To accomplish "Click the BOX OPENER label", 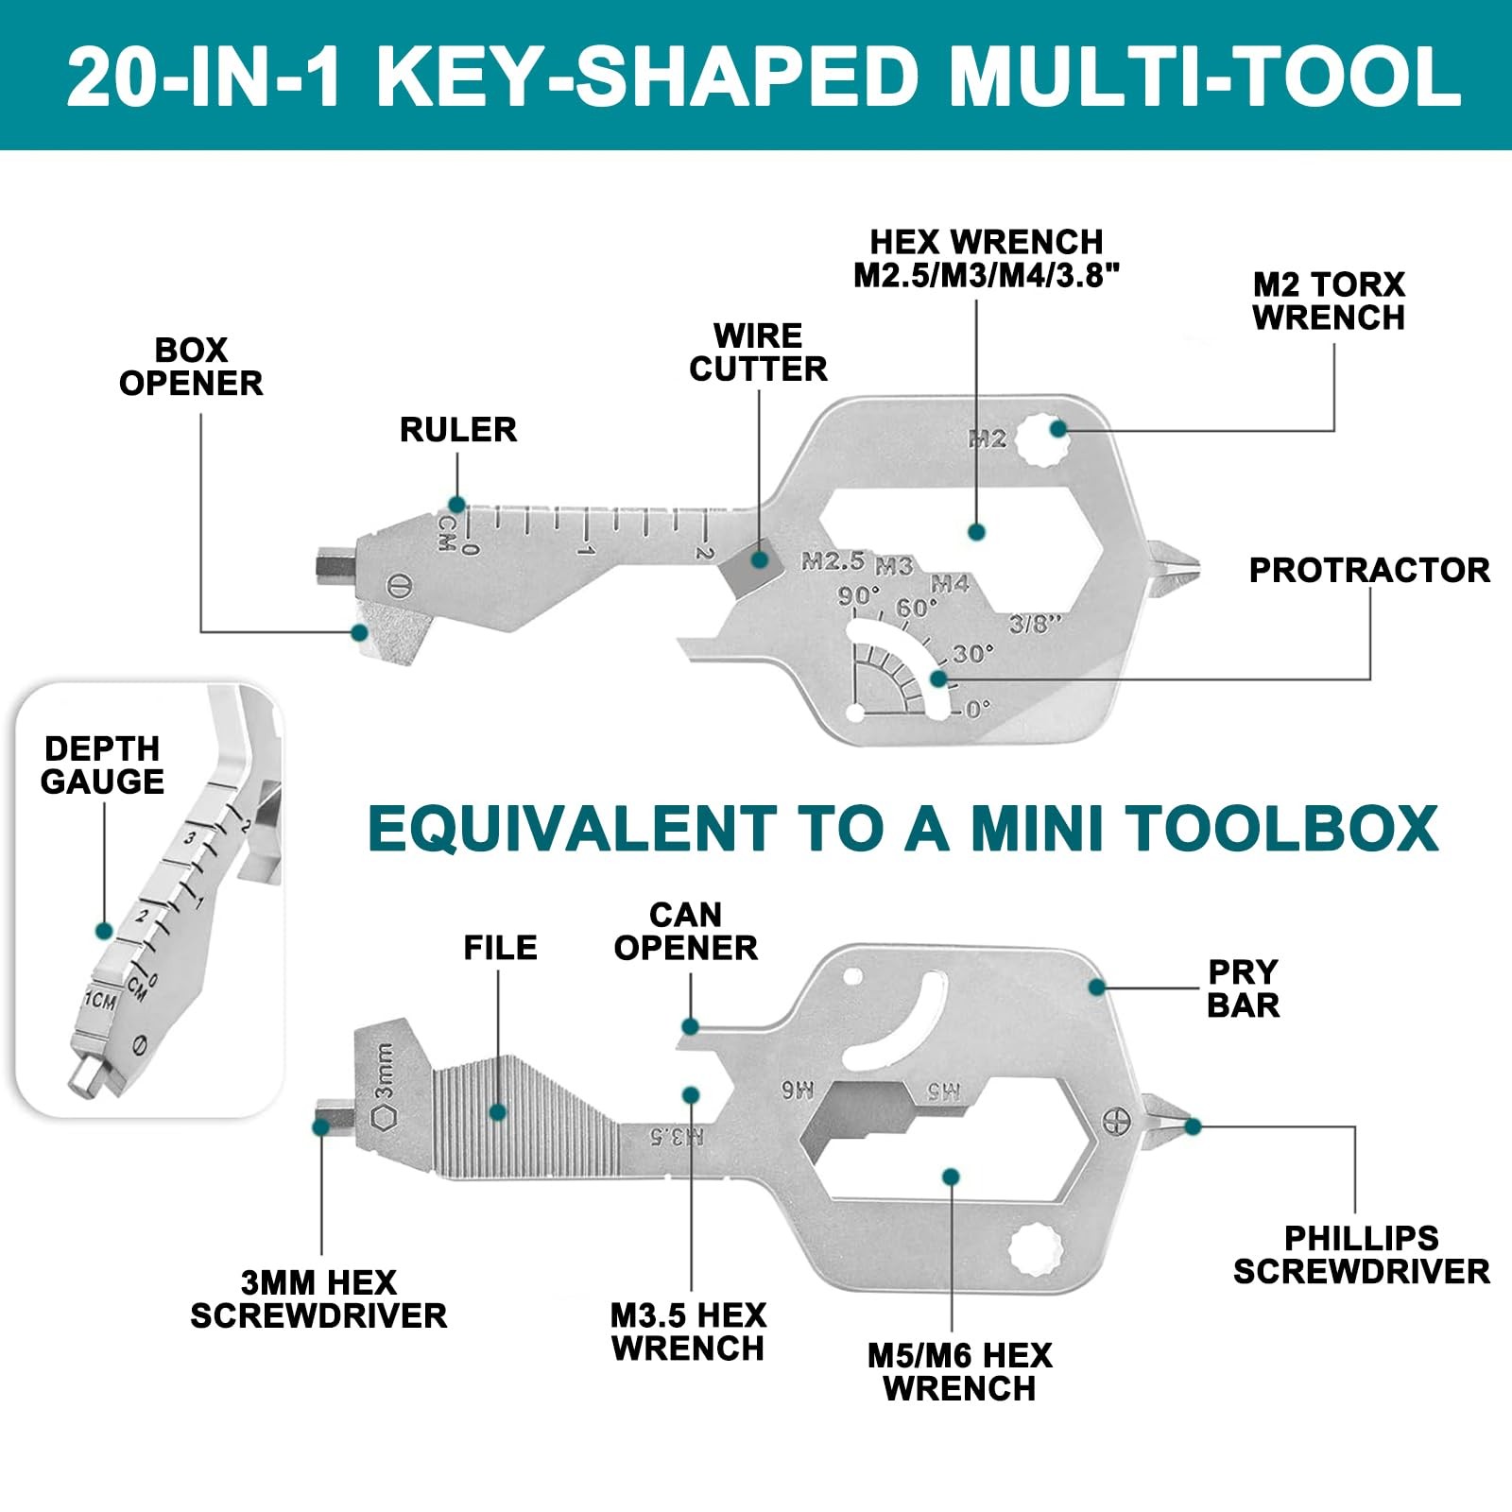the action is (191, 367).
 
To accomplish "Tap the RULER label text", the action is (458, 430).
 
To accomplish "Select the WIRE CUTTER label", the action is (758, 352).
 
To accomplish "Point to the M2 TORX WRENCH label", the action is (1329, 301).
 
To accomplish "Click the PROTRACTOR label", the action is (1369, 570).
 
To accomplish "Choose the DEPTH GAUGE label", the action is (102, 765).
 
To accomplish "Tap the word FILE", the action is (500, 947).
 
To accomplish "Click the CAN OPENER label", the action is (686, 931).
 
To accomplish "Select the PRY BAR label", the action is (1243, 988).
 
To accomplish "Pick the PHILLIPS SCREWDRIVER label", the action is (1362, 1254).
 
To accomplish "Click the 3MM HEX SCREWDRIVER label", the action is (318, 1298).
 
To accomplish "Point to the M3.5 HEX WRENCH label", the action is (688, 1332).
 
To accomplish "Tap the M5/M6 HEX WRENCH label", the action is (960, 1372).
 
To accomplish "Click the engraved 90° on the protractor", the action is (858, 597).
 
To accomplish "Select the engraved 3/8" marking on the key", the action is (1036, 624).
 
